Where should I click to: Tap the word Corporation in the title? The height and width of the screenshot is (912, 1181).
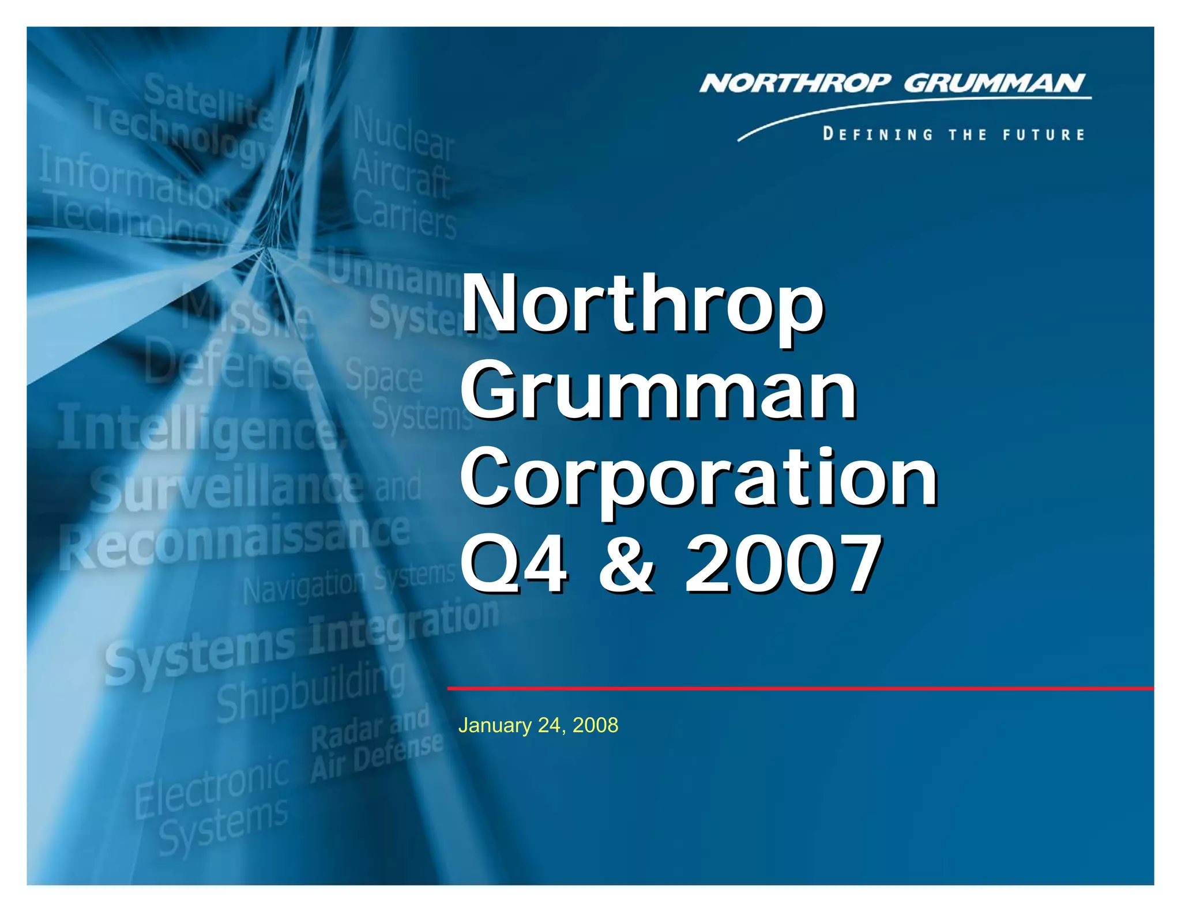698,478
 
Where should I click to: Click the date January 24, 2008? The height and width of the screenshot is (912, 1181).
538,725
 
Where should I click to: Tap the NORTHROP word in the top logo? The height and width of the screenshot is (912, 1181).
796,84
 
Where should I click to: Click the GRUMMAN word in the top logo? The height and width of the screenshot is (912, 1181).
995,84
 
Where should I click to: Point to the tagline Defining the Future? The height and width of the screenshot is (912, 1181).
954,135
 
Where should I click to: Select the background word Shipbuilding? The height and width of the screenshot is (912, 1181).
311,692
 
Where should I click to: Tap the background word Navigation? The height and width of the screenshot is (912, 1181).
303,585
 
